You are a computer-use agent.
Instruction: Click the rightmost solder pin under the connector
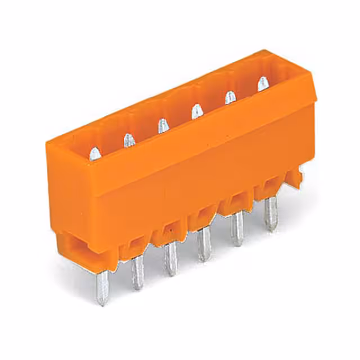point(271,214)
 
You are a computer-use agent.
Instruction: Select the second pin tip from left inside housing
point(129,140)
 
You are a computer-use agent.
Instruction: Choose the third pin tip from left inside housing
point(162,125)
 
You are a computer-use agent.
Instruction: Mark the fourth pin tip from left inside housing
point(195,110)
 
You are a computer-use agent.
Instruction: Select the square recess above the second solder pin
point(136,245)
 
